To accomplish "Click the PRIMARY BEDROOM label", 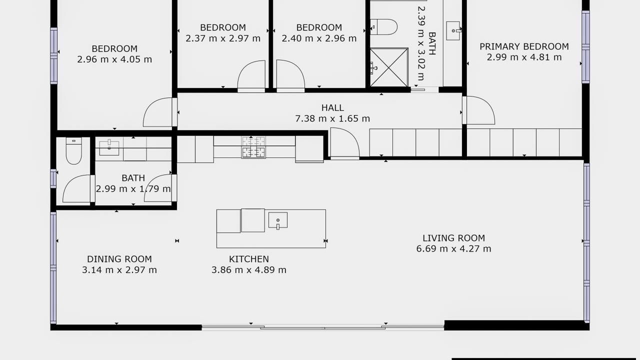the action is tap(524, 46).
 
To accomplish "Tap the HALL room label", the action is tap(332, 107).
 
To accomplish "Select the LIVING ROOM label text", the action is tap(453, 237).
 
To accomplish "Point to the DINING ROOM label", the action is tap(119, 259).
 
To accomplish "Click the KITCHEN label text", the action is tap(249, 259).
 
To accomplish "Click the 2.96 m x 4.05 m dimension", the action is tap(114, 59).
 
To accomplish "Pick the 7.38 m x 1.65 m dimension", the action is tap(332, 118).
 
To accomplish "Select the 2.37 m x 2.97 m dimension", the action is tap(223, 38).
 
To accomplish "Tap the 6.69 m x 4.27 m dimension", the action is tap(453, 248).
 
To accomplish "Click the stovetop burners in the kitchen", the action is tap(253, 147).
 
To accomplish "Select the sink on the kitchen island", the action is tap(277, 220).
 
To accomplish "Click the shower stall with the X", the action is tap(389, 67).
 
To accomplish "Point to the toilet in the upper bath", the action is tap(383, 27).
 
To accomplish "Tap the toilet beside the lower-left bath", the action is tap(73, 151).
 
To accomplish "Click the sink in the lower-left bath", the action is tap(109, 148).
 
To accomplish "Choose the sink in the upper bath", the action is tap(453, 30).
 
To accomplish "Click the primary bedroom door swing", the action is tap(479, 110).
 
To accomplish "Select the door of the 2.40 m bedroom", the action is tap(290, 76).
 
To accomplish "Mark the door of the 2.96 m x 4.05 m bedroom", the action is tap(160, 112).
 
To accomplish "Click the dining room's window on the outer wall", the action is tap(53, 267).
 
